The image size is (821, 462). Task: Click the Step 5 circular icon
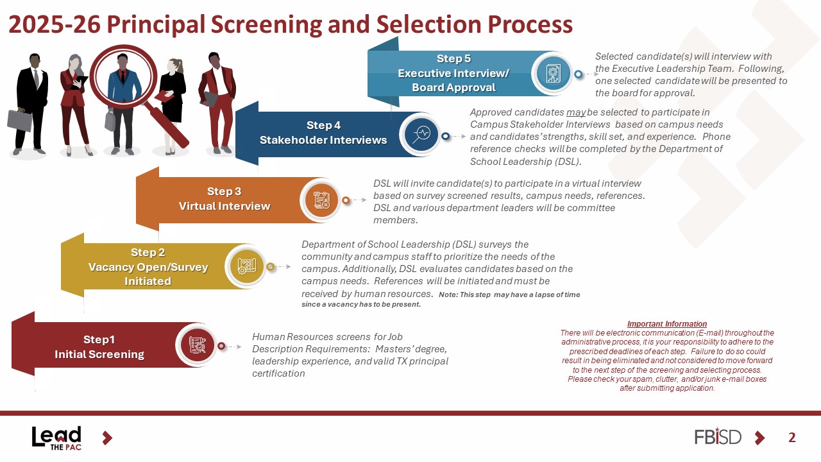coord(553,73)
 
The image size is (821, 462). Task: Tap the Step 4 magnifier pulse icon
coord(421,134)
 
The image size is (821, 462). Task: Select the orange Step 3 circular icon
coord(321,200)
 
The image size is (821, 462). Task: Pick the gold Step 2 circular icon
coord(246,266)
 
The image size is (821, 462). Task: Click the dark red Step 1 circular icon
coord(197,345)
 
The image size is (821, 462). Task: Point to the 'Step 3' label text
coord(224,191)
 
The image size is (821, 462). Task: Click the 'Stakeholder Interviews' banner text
coord(323,140)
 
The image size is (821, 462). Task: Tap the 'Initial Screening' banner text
coord(99,354)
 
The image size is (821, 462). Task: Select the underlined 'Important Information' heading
coord(667,324)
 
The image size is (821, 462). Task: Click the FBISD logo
coord(718,436)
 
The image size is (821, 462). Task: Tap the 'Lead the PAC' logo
coord(56,438)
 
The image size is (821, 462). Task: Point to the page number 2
coord(791,438)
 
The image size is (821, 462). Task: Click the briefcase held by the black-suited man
coord(20,120)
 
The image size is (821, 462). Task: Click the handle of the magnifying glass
coord(167,125)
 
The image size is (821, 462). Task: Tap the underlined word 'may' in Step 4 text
coord(576,112)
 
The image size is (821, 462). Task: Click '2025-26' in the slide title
coord(55,24)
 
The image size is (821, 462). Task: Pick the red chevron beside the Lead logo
coord(107,438)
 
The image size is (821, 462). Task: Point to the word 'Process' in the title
coord(530,24)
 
